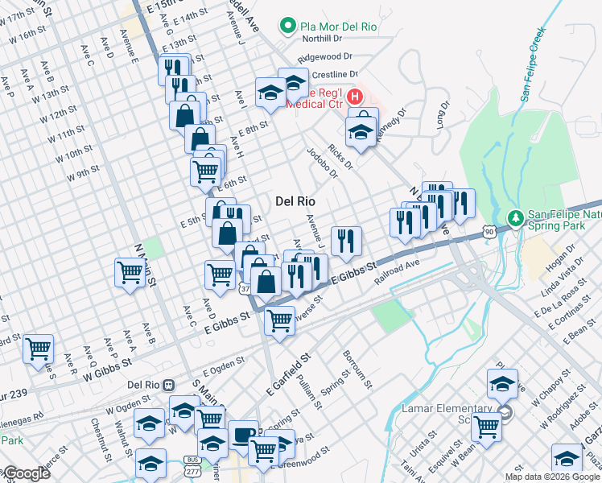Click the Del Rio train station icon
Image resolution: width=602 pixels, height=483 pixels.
168,385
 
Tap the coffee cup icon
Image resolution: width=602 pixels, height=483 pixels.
244,434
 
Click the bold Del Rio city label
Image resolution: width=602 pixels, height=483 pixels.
295,200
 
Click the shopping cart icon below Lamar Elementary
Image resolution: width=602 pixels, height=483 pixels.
486,427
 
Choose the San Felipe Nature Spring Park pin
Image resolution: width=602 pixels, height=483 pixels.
515,218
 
